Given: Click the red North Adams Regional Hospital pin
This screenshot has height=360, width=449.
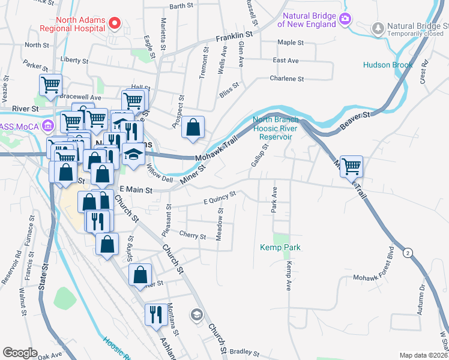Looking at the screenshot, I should [116, 23].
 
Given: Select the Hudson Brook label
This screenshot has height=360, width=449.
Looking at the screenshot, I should [388, 65].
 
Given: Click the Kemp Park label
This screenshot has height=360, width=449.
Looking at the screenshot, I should [280, 247].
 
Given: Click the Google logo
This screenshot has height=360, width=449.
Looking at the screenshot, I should [20, 353].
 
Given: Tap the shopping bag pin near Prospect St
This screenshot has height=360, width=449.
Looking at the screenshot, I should [192, 127].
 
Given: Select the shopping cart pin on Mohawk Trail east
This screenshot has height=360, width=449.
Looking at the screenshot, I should [351, 166].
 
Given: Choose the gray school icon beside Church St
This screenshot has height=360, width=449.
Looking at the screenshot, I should [197, 314].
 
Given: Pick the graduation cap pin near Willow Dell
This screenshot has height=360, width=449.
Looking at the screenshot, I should [133, 155].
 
